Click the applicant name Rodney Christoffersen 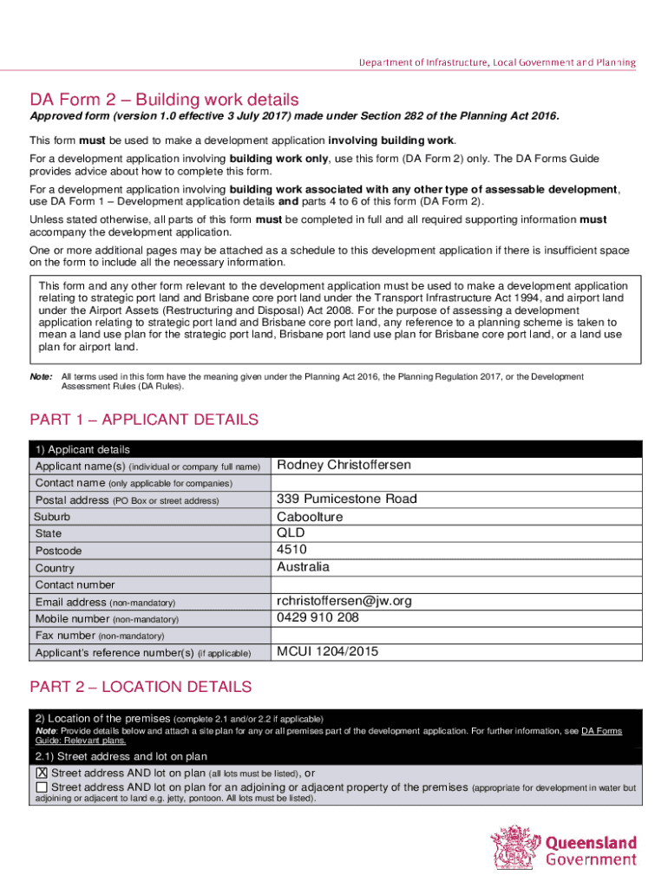pyautogui.click(x=344, y=466)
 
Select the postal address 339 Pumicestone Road pyautogui.click(x=346, y=499)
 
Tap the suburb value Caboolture pyautogui.click(x=310, y=517)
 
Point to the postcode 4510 pyautogui.click(x=291, y=550)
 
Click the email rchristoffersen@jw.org pyautogui.click(x=344, y=601)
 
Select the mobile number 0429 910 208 pyautogui.click(x=318, y=618)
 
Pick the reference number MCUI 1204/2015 pyautogui.click(x=327, y=652)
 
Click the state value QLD pyautogui.click(x=291, y=533)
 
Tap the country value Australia pyautogui.click(x=303, y=567)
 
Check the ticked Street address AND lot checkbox pyautogui.click(x=42, y=774)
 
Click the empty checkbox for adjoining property pyautogui.click(x=42, y=787)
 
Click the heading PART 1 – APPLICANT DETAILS pyautogui.click(x=144, y=420)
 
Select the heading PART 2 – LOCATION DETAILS pyautogui.click(x=141, y=687)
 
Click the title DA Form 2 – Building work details pyautogui.click(x=164, y=100)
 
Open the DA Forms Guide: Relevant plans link pyautogui.click(x=599, y=731)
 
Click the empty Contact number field pyautogui.click(x=455, y=584)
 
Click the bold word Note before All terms pyautogui.click(x=40, y=377)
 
